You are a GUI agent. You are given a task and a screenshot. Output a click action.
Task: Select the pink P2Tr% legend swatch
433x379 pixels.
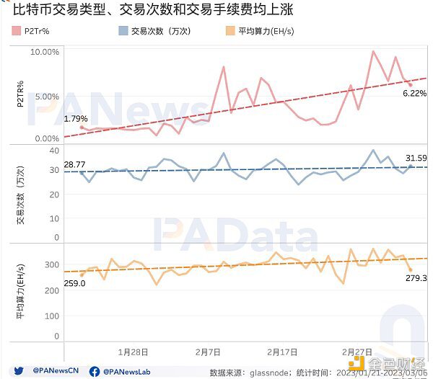pyautogui.click(x=17, y=31)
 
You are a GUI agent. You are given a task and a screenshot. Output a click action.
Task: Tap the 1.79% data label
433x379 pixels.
pyautogui.click(x=75, y=119)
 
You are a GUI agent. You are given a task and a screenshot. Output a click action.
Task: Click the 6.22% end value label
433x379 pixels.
pyautogui.click(x=414, y=94)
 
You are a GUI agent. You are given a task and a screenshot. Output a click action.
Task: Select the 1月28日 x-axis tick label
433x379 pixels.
pyautogui.click(x=134, y=352)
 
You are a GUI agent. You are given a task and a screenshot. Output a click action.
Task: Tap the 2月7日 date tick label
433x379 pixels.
pyautogui.click(x=209, y=352)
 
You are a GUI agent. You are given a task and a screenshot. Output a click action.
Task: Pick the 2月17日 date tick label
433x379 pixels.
pyautogui.click(x=282, y=352)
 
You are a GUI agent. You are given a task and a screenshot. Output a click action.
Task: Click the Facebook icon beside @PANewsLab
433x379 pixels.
pyautogui.click(x=95, y=371)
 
